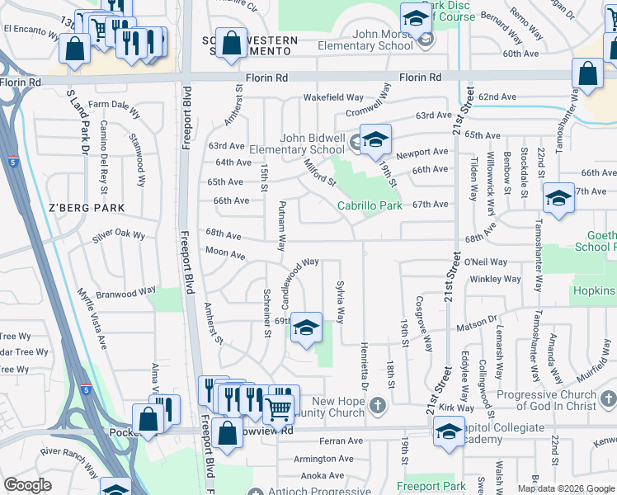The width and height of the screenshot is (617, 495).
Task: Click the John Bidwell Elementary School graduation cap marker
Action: pyautogui.click(x=375, y=140)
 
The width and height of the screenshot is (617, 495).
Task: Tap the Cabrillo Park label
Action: pyautogui.click(x=369, y=205)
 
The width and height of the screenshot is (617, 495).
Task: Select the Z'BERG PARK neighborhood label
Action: pyautogui.click(x=79, y=206)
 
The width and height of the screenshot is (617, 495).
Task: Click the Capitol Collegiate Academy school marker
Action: pyautogui.click(x=448, y=431)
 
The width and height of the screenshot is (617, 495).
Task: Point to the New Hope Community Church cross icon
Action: pyautogui.click(x=378, y=404)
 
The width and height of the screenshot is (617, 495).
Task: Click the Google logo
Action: pyautogui.click(x=27, y=485)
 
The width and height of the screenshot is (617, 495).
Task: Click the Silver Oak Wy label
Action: pyautogui.click(x=119, y=236)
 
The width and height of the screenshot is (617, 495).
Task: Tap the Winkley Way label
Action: pyautogui.click(x=495, y=279)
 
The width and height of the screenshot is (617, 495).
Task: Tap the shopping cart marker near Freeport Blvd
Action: pyautogui.click(x=278, y=408)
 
